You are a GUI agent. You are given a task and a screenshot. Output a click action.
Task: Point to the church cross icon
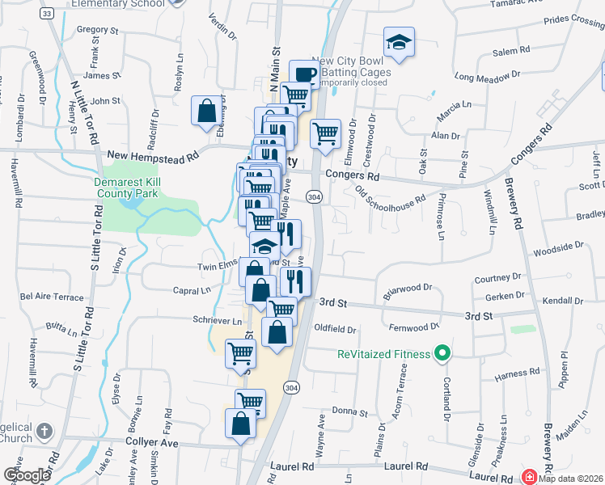44,432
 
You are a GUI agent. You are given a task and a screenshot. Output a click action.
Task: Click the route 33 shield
46,14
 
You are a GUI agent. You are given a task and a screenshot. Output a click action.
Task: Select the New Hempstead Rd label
153,156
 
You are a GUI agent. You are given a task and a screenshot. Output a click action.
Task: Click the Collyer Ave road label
151,443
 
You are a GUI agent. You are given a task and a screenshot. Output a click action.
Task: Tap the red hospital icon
530,476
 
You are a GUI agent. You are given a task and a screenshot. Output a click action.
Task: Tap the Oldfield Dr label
335,329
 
